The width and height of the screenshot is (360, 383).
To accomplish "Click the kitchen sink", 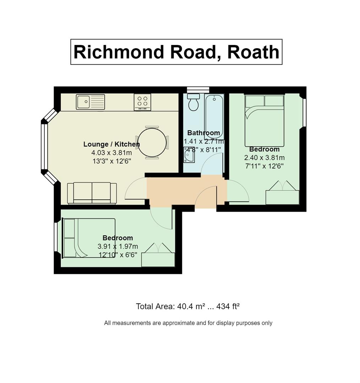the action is click(x=90, y=102).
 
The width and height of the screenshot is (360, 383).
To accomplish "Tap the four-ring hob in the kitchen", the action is click(x=142, y=102).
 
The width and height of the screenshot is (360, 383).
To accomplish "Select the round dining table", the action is click(x=152, y=143).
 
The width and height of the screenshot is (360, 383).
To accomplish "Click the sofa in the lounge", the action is click(x=92, y=193).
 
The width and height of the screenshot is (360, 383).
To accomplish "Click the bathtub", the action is click(x=214, y=117).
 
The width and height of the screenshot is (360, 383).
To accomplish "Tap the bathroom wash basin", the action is click(x=189, y=155).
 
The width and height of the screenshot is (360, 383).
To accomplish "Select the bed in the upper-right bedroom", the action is click(x=264, y=120).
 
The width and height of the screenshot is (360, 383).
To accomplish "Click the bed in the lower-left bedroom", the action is click(x=89, y=238).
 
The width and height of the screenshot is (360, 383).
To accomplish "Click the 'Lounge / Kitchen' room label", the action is click(x=111, y=144).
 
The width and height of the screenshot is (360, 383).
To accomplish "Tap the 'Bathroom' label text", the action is click(x=203, y=133).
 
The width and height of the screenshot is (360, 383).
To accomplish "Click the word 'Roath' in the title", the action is click(x=253, y=52).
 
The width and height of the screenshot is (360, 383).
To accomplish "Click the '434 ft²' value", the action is click(x=228, y=306).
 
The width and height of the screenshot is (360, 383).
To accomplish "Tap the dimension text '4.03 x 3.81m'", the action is click(x=111, y=152).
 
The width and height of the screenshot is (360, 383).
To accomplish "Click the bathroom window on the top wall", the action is click(x=198, y=89).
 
